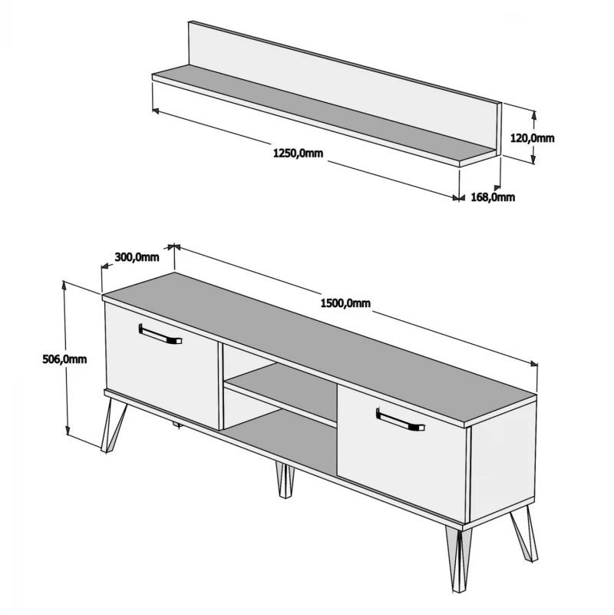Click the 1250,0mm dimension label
(x=298, y=153)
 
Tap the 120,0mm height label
(x=532, y=138)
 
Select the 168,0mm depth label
(x=493, y=197)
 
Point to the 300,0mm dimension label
(x=137, y=257)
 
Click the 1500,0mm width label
(x=345, y=303)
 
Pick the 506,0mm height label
(x=64, y=359)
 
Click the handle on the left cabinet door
(x=160, y=335)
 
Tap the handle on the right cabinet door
(x=401, y=420)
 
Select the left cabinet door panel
(x=162, y=365)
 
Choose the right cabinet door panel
(x=403, y=453)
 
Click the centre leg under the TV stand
(x=284, y=481)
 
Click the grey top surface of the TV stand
(x=319, y=347)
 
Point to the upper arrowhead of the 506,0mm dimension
(x=64, y=284)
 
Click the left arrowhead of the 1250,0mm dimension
(x=156, y=111)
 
